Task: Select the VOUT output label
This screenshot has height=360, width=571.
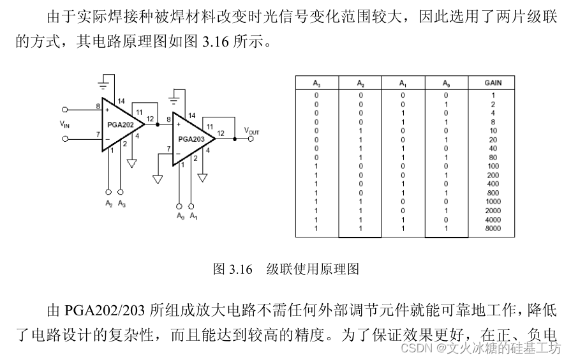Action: (x=251, y=131)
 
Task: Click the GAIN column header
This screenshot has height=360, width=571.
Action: (x=493, y=83)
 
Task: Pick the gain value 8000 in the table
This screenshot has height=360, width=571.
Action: (x=493, y=229)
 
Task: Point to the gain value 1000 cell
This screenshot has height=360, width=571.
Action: (x=493, y=202)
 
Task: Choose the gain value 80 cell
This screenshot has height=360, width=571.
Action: (x=493, y=157)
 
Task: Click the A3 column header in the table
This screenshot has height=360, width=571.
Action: (x=316, y=83)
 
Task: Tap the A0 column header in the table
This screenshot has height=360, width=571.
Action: (x=446, y=83)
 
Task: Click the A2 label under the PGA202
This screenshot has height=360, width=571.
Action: (x=109, y=204)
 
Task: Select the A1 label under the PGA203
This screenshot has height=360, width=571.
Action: (x=193, y=216)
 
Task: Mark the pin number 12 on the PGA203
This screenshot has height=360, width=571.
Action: (x=220, y=133)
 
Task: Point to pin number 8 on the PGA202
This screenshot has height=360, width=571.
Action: (x=98, y=106)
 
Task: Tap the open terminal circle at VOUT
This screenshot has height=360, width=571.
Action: (x=251, y=139)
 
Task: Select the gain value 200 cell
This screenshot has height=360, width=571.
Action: (x=493, y=175)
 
